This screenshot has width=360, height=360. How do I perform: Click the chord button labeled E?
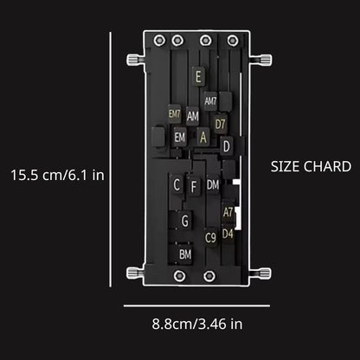pos(198,77)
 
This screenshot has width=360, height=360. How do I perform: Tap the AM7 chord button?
pos(211,100)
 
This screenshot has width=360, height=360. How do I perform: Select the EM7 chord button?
pos(175,113)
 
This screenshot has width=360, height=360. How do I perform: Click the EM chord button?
pos(179,137)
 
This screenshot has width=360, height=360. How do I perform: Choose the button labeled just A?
pos(203,136)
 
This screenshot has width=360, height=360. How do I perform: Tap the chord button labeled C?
pos(177,184)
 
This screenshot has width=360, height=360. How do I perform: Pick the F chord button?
pos(194,185)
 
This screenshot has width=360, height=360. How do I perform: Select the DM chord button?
pos(213,183)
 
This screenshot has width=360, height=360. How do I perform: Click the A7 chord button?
pos(228,211)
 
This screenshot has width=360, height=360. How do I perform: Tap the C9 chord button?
pos(210,236)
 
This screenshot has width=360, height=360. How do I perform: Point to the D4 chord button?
pos(228,233)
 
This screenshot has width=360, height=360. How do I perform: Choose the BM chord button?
pos(185,254)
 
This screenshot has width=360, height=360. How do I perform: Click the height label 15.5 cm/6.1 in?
pos(57,174)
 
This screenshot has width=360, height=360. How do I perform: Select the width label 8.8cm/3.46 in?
pos(197,325)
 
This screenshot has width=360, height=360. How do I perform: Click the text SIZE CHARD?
pos(311,166)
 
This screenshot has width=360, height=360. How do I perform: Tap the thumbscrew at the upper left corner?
pos(134,59)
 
